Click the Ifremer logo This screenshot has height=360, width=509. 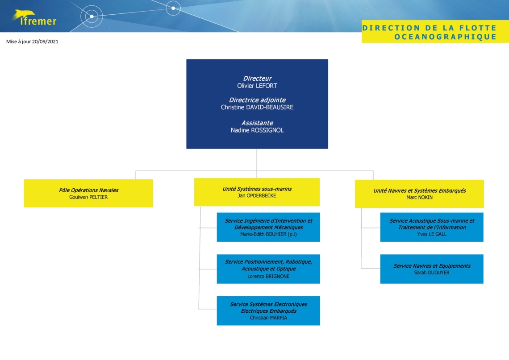tap(34, 18)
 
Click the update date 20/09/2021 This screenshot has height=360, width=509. tap(45, 41)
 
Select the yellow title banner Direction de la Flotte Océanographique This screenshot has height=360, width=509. tap(435, 32)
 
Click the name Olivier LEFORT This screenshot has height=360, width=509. tap(257, 86)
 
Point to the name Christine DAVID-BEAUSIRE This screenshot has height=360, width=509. tap(257, 108)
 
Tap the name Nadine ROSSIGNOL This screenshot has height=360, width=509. tap(257, 130)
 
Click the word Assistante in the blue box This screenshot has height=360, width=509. tap(257, 123)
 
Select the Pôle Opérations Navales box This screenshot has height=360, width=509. tap(88, 193)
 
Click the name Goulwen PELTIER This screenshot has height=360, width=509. tap(88, 197)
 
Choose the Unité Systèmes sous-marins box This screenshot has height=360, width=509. tap(257, 192)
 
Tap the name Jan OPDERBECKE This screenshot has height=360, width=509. tap(257, 196)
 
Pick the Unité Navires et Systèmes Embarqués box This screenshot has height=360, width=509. tap(419, 194)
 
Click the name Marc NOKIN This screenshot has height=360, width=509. tap(419, 198)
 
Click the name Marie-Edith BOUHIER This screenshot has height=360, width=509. tap(263, 234)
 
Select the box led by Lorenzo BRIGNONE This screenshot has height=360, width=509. tap(268, 269)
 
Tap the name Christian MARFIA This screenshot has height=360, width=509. tap(268, 318)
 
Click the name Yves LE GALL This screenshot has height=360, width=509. tap(432, 234)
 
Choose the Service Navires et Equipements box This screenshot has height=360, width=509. tap(432, 269)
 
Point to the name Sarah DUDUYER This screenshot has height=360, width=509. tap(432, 273)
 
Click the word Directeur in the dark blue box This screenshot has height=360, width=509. tap(257, 79)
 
